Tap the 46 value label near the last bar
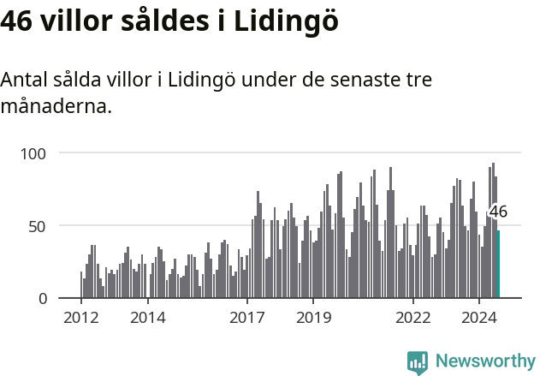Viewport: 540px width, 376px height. click(x=498, y=212)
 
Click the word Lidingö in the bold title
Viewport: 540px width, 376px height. click(x=286, y=21)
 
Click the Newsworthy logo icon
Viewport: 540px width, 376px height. click(x=418, y=362)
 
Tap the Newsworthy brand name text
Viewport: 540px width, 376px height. click(x=485, y=361)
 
